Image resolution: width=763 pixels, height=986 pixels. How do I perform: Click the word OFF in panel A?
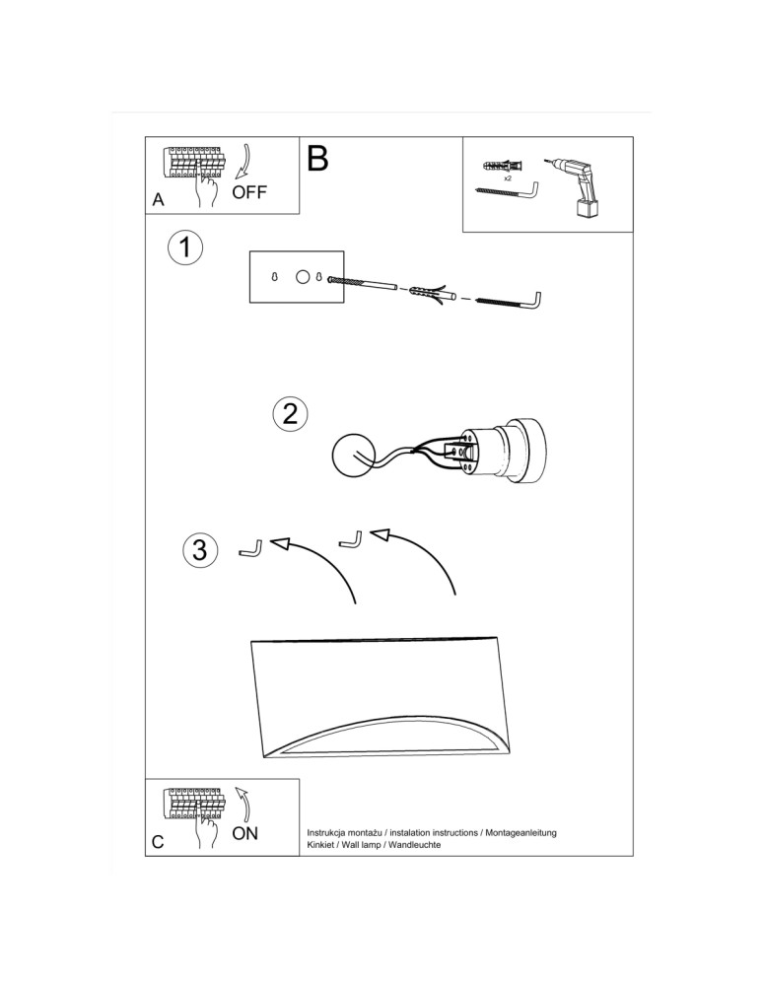[249, 192]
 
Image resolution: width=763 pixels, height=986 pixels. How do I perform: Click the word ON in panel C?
[244, 834]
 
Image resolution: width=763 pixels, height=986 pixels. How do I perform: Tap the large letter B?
[317, 159]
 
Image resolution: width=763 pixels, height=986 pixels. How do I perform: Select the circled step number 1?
[184, 247]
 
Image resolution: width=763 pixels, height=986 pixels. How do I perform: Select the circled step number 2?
[290, 413]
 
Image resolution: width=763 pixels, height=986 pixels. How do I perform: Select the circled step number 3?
[200, 549]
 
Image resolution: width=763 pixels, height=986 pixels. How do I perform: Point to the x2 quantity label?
[507, 178]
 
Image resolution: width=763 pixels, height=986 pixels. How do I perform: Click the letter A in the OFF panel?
[158, 200]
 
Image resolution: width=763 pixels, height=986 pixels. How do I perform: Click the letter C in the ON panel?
[159, 843]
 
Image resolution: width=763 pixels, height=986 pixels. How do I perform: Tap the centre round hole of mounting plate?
[303, 277]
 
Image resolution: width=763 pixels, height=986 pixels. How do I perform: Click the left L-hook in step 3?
[250, 547]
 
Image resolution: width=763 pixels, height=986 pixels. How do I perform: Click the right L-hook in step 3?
[350, 538]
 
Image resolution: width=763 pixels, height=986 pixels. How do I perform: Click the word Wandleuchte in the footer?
[413, 846]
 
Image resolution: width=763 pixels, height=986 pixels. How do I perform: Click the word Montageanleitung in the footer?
[521, 833]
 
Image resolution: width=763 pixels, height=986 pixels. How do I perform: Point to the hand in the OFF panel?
[206, 189]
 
